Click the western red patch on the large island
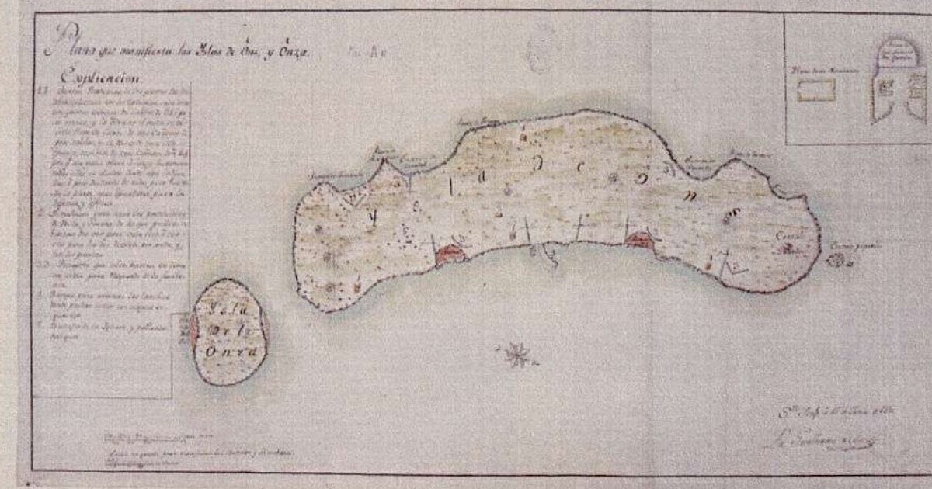click(450, 255)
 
